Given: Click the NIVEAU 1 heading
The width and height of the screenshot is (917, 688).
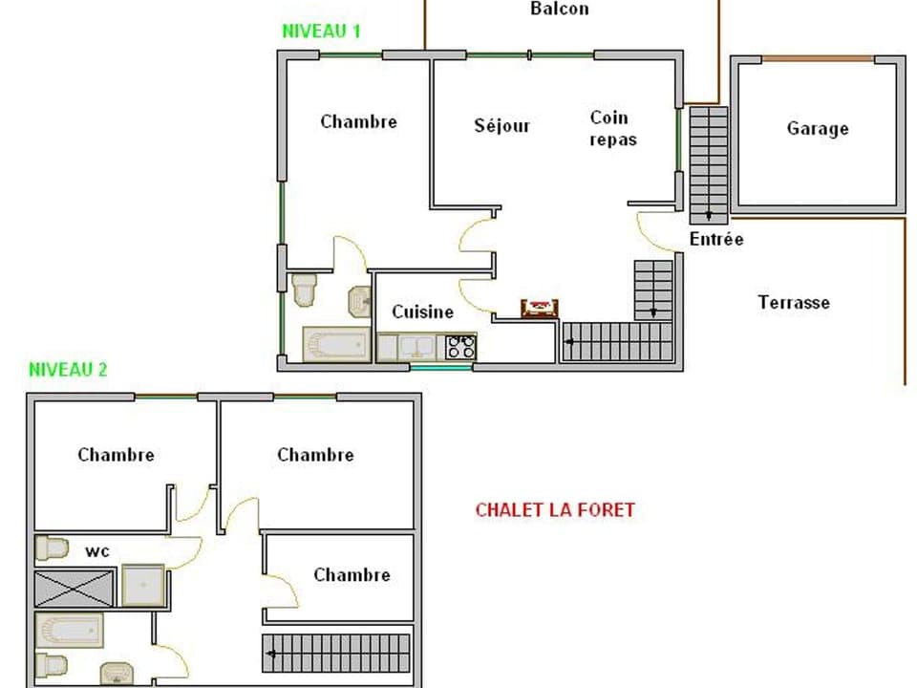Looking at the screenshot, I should [321, 31].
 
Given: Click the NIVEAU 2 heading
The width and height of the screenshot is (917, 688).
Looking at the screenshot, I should [68, 370].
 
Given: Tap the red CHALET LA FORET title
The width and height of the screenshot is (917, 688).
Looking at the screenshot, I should [555, 509].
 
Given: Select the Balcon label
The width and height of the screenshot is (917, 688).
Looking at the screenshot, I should [560, 10].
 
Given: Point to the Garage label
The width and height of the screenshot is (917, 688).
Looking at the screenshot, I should [818, 128].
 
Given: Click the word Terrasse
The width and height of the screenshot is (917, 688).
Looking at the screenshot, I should [794, 302].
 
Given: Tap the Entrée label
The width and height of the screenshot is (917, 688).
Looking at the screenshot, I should [716, 239].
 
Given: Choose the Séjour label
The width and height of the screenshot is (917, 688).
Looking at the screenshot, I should [502, 125].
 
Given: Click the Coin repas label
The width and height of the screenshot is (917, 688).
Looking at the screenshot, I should [611, 128].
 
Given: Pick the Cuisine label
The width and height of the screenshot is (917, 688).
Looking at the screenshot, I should [423, 312].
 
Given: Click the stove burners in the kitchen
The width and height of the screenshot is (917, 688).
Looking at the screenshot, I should [461, 346].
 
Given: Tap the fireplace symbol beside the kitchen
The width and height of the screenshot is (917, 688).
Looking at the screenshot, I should [540, 307].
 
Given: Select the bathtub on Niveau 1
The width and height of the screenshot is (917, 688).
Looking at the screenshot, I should [336, 344].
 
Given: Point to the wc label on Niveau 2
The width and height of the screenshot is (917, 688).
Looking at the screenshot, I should [97, 551].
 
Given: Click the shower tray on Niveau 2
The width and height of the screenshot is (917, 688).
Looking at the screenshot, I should [143, 585].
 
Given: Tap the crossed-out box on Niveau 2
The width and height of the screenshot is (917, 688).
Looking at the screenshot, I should [75, 588].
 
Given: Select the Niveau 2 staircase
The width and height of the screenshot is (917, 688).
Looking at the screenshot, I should [336, 653].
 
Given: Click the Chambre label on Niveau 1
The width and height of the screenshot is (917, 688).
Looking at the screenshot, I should [358, 121].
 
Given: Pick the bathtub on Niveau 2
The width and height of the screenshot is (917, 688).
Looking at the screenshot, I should [70, 631].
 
